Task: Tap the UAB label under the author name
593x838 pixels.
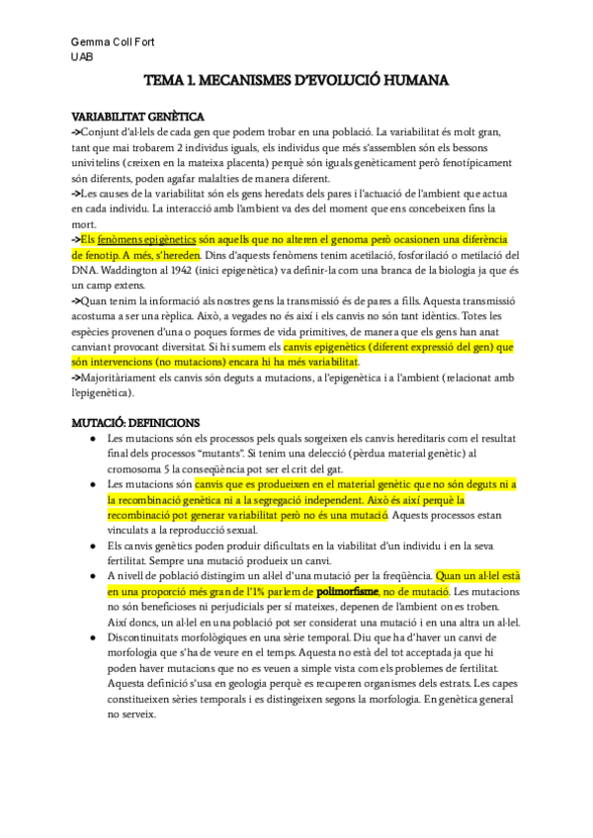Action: (x=81, y=57)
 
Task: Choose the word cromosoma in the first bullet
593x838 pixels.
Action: (x=141, y=468)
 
